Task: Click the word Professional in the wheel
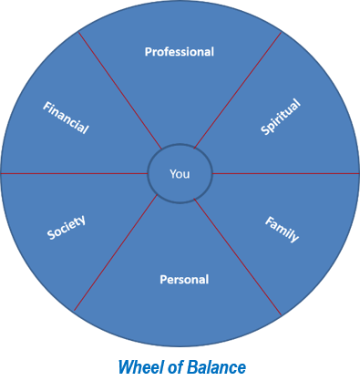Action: click(180, 52)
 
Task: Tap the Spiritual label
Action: click(280, 118)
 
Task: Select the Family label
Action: click(282, 229)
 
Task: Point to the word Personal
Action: click(184, 279)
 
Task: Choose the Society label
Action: click(67, 228)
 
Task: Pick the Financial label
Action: click(66, 118)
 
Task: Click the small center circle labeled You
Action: click(180, 173)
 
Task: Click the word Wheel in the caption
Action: click(138, 368)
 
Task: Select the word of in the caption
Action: click(170, 368)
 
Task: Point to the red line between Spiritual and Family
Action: click(283, 173)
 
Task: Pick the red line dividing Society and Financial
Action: click(73, 173)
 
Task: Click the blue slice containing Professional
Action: click(180, 91)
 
